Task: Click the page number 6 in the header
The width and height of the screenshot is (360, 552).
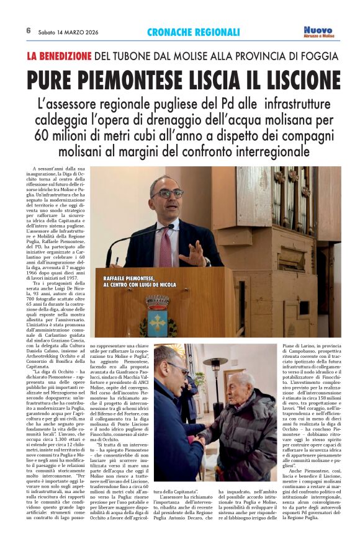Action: pos(29,30)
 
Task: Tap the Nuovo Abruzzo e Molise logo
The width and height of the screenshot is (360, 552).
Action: pos(319,32)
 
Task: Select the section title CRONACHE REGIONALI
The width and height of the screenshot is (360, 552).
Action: pos(194,32)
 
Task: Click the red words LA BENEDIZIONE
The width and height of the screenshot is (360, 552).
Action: pos(59,56)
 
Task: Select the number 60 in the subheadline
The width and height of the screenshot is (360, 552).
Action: pos(44,135)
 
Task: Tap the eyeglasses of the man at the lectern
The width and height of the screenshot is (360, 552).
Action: pos(168,194)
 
